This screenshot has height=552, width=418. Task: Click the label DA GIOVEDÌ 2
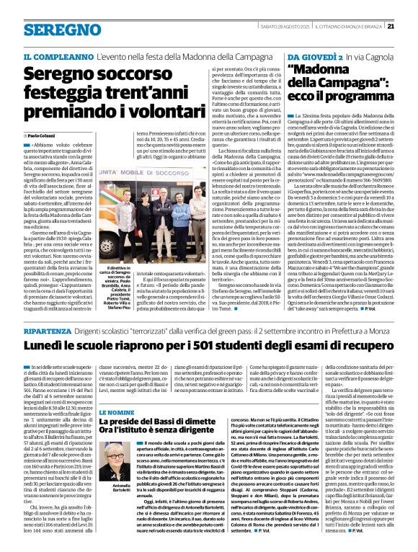click(309, 55)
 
